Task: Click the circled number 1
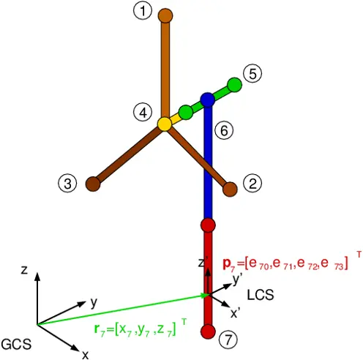[x=143, y=11]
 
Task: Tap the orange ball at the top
[x=165, y=16]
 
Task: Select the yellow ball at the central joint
[x=165, y=124]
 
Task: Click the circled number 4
[x=143, y=113]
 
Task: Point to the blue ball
[x=208, y=100]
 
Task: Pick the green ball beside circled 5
[x=234, y=85]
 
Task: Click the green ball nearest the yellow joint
[x=186, y=112]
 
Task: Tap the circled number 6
[x=224, y=130]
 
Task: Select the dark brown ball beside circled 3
[x=93, y=184]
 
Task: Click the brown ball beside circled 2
[x=230, y=189]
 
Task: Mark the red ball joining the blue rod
[x=208, y=225]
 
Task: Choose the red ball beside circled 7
[x=208, y=331]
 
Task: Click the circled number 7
[x=228, y=340]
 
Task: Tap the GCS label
[x=16, y=344]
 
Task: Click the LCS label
[x=261, y=295]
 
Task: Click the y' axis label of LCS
[x=237, y=280]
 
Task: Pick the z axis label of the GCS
[x=24, y=270]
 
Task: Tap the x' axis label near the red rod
[x=235, y=313]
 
